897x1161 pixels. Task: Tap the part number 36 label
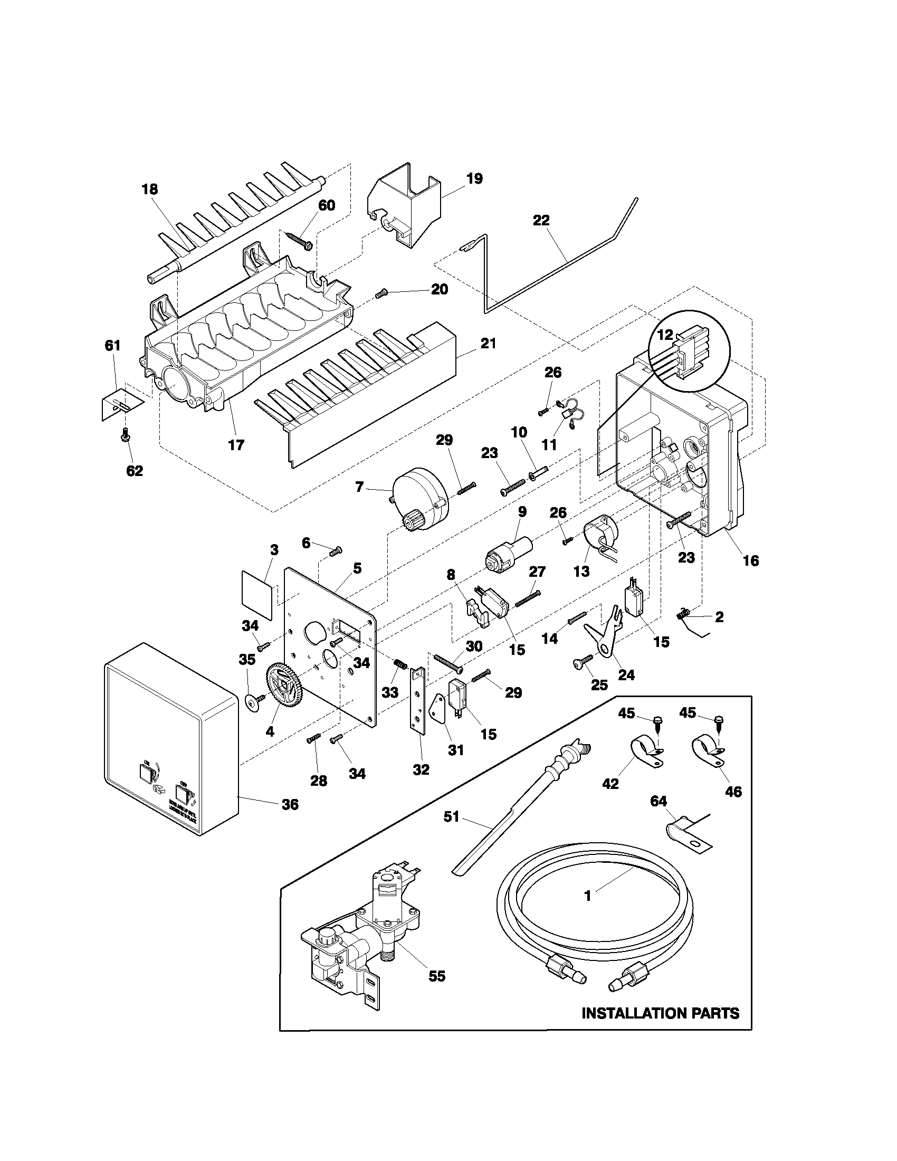(x=290, y=804)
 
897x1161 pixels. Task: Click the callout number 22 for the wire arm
(x=541, y=220)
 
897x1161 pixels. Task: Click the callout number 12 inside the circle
(x=665, y=335)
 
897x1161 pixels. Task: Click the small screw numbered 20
(x=380, y=294)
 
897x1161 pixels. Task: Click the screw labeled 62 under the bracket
(x=126, y=436)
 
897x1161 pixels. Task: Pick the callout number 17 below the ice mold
(x=236, y=445)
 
